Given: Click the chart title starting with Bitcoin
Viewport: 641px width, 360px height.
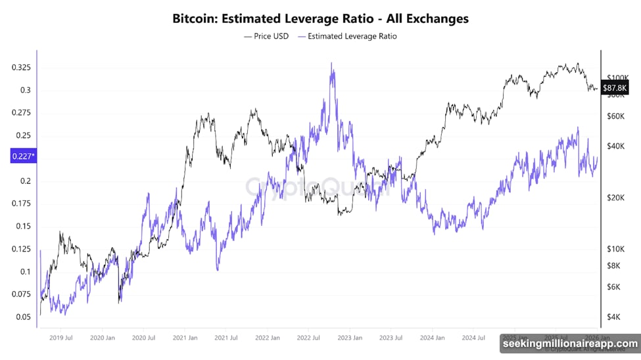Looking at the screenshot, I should pos(320,18).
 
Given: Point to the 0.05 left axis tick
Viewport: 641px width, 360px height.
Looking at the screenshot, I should pos(24,317).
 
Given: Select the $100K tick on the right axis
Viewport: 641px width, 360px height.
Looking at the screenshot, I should pos(617,77).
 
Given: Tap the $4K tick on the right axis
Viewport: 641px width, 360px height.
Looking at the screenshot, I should pos(613,317).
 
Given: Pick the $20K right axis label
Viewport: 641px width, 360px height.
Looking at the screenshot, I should pos(615,197).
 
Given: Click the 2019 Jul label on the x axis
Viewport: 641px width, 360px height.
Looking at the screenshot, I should pos(60,338).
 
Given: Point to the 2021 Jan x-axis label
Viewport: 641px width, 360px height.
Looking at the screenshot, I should pos(185,338).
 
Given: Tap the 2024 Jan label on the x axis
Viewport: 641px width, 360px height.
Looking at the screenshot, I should pos(431,338).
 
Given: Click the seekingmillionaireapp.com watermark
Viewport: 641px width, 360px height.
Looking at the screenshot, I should pos(570,344).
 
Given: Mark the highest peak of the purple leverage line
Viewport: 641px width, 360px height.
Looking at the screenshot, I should pos(331,64).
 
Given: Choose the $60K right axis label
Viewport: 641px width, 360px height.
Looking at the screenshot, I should pos(615,116).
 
